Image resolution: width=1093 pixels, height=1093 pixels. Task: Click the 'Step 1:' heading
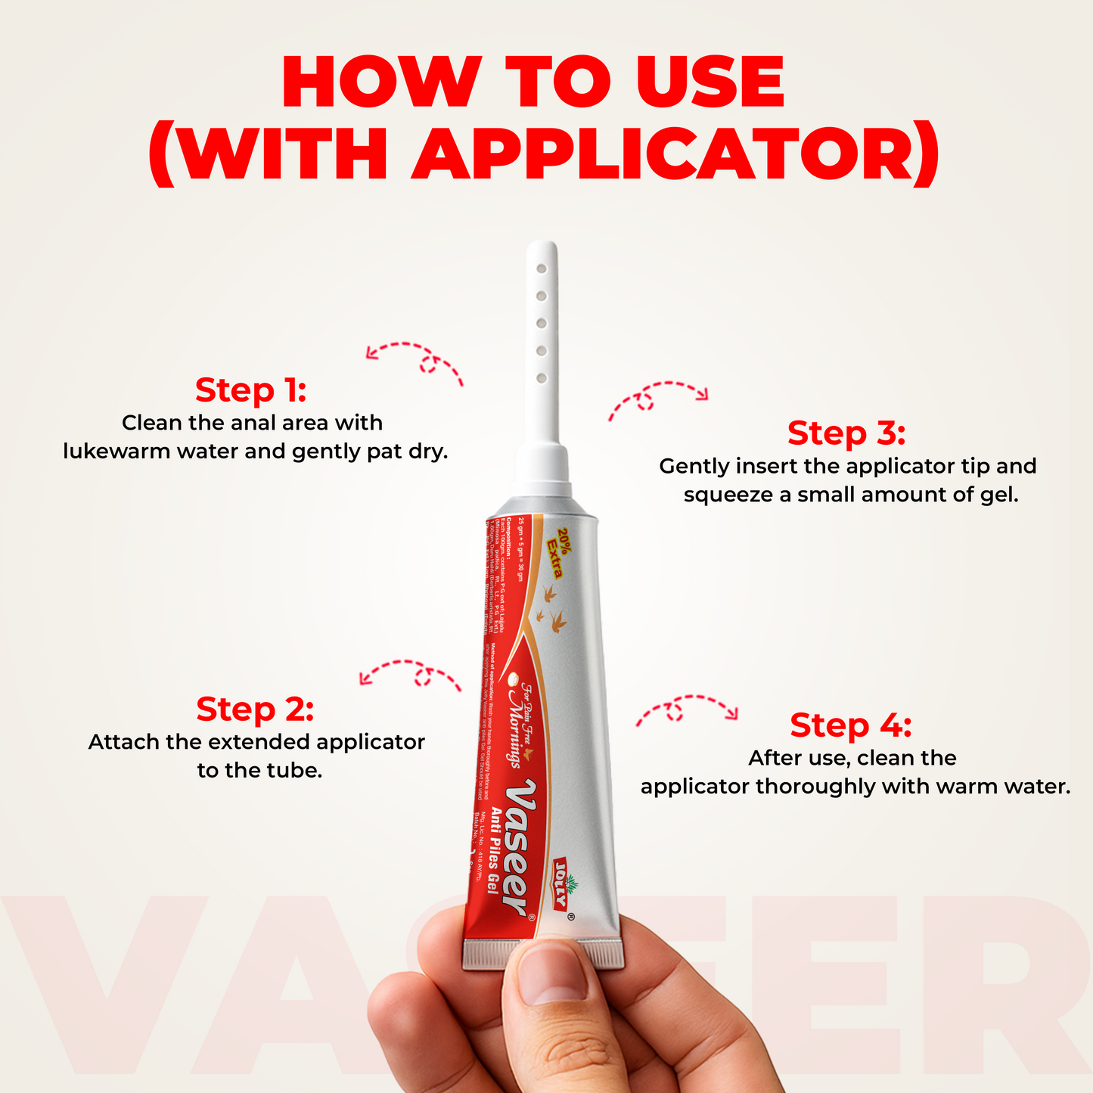coord(250,390)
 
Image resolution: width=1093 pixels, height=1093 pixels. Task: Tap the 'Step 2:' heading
coord(255,710)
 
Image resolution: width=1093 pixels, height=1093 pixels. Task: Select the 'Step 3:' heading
coord(846,433)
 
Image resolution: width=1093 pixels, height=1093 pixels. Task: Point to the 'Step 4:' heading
coord(851,725)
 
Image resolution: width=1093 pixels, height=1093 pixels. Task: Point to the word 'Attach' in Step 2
coord(124,742)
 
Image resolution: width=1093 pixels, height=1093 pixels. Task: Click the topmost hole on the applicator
coord(542,269)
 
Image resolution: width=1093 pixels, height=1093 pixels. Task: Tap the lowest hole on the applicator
coord(542,377)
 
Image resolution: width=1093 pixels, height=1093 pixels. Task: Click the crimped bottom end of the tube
coord(544,955)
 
